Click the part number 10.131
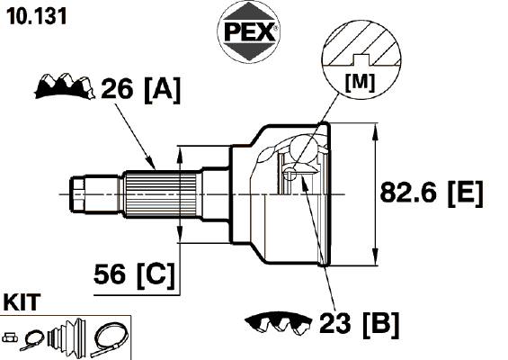[x=36, y=16]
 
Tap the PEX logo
[x=248, y=32]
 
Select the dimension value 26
[x=117, y=88]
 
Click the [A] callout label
[x=162, y=89]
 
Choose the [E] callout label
[x=466, y=193]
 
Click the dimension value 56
[x=110, y=274]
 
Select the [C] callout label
[x=156, y=275]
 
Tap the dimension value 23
[x=335, y=323]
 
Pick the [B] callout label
[x=380, y=324]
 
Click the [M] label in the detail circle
[x=360, y=83]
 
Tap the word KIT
[x=22, y=302]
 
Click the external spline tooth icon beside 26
[x=65, y=86]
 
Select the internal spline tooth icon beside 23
[x=279, y=323]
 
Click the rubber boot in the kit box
[x=67, y=336]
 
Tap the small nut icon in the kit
[x=10, y=337]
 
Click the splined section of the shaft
[x=161, y=194]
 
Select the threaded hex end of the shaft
[x=77, y=194]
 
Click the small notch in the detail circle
[x=361, y=59]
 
